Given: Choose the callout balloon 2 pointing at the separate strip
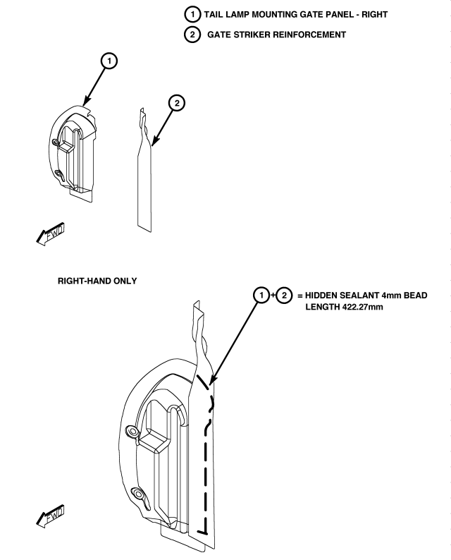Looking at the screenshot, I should pyautogui.click(x=177, y=103).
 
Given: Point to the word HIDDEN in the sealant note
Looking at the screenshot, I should pyautogui.click(x=323, y=295).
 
